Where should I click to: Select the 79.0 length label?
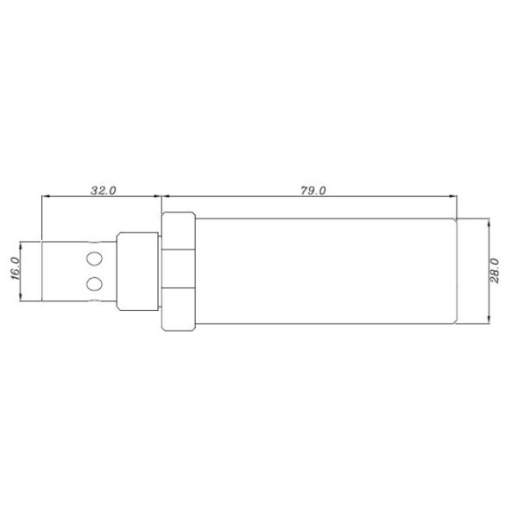[x=313, y=191]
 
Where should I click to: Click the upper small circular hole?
[x=93, y=257]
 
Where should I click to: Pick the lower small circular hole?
[x=93, y=283]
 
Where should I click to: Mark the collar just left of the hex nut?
[x=138, y=270]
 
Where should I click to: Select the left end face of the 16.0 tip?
[x=41, y=270]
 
